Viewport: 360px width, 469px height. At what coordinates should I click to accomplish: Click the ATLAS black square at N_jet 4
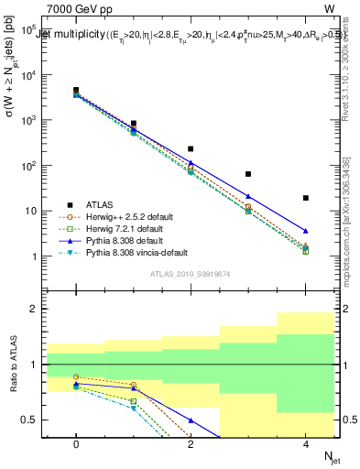[x=306, y=198]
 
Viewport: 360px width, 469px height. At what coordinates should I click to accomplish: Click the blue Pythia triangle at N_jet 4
[x=306, y=231]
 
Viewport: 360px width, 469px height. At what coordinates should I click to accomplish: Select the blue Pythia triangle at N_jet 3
[x=248, y=196]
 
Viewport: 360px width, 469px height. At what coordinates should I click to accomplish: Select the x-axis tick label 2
[x=191, y=443]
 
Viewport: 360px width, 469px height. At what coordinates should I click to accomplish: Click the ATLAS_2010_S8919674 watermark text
[x=191, y=273]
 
